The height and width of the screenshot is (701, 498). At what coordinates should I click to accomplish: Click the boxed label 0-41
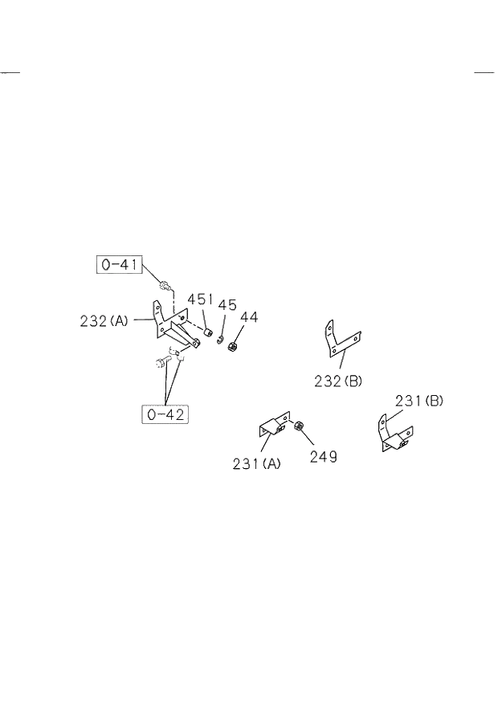click(x=120, y=264)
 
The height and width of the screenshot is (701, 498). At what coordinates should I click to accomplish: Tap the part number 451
click(x=200, y=300)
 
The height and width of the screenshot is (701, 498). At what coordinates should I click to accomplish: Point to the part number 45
click(x=227, y=305)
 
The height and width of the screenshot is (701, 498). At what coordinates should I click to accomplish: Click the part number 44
click(x=249, y=317)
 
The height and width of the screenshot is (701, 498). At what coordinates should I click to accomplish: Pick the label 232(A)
click(x=104, y=320)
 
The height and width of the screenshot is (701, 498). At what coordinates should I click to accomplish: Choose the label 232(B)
click(x=339, y=381)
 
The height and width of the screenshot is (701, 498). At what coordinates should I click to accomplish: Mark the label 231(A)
click(x=257, y=463)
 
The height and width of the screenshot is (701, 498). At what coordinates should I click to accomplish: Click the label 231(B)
click(x=418, y=400)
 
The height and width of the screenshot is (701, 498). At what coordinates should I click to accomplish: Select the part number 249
click(x=323, y=457)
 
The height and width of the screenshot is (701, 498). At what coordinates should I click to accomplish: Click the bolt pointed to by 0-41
click(x=166, y=285)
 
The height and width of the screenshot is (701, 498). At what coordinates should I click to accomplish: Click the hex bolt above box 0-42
click(x=161, y=362)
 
